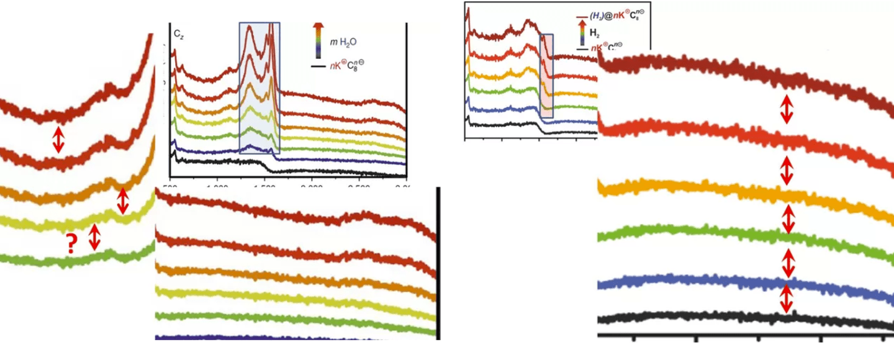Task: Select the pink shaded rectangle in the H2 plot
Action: tap(546, 76)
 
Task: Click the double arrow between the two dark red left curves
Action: tap(58, 140)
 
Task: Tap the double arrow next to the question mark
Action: tap(94, 237)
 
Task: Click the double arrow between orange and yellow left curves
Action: tap(123, 200)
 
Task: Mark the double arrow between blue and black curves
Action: tap(787, 299)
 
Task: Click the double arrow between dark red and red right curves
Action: tap(787, 109)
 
